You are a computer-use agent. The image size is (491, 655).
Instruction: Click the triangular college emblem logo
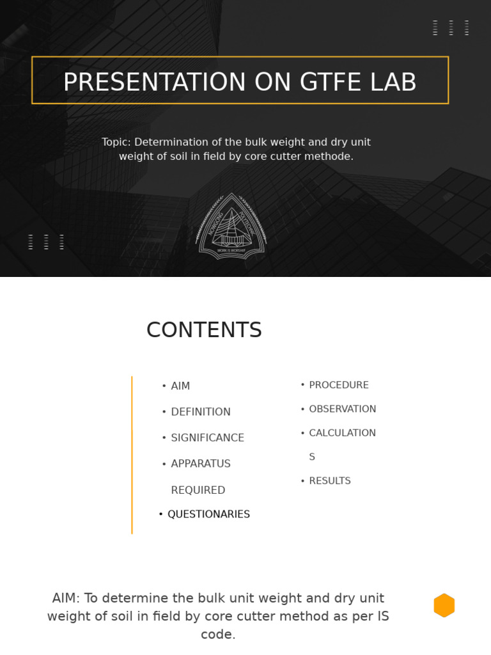pos(231,226)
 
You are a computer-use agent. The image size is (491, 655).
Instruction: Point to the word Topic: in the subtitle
pos(116,142)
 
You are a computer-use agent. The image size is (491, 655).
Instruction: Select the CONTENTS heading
pos(204,330)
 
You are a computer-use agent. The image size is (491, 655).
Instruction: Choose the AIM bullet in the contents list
pos(180,386)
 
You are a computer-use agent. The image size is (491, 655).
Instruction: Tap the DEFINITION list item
pos(201,412)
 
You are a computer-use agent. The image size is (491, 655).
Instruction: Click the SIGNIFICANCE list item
pos(207,438)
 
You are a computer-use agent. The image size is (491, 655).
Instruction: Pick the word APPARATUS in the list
pos(201,464)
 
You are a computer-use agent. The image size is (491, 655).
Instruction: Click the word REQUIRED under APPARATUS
pos(198,491)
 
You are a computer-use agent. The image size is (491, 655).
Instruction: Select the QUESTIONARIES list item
pos(208,514)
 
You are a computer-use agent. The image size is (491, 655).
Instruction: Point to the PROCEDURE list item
pos(339,385)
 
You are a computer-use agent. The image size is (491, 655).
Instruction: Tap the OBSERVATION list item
pos(343,409)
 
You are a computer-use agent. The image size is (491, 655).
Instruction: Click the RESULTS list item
pos(330,481)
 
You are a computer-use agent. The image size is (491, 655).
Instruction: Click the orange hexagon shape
pos(444,605)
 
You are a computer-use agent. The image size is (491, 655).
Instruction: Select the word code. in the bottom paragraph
pos(218,635)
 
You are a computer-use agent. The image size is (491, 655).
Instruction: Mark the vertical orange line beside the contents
pos(132,455)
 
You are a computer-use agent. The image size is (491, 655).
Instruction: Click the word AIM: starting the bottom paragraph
pos(66,598)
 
